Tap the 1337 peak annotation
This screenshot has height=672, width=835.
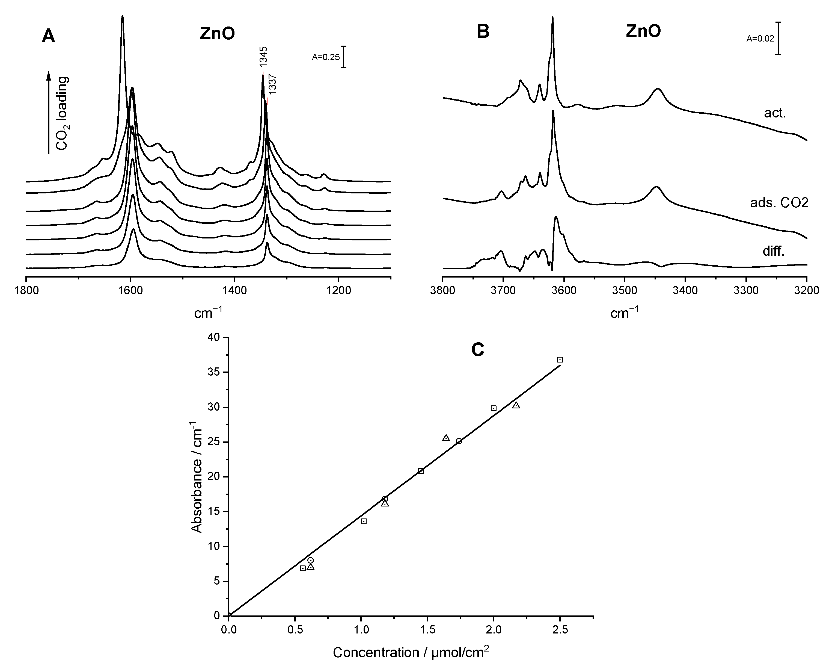pyautogui.click(x=272, y=84)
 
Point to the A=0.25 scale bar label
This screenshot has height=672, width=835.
pyautogui.click(x=326, y=57)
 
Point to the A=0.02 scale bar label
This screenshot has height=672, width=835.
pyautogui.click(x=760, y=39)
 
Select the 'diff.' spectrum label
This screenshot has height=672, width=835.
pyautogui.click(x=773, y=252)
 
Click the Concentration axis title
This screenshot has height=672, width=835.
pyautogui.click(x=411, y=653)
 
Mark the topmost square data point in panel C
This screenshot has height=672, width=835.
pyautogui.click(x=560, y=360)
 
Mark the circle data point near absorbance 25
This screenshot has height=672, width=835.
pyautogui.click(x=459, y=441)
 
